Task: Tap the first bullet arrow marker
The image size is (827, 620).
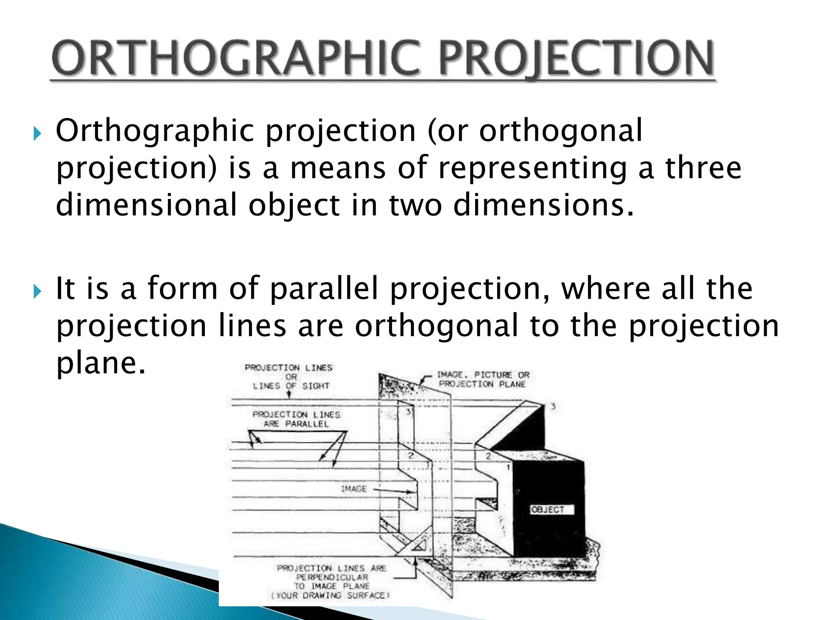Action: (37, 133)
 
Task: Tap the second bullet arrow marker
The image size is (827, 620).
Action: (37, 291)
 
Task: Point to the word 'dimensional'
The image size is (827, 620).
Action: (146, 205)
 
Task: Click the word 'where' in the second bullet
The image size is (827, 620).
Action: (606, 289)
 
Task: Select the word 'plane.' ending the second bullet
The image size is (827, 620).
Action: (101, 363)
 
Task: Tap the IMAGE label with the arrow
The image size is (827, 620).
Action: (354, 489)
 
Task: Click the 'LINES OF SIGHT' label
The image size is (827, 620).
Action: (291, 386)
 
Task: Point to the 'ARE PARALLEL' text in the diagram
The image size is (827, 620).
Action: (296, 424)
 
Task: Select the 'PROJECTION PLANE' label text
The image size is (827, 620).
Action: (482, 384)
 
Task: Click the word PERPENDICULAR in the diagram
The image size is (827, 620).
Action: (332, 577)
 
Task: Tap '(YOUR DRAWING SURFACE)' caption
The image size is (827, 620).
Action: (331, 596)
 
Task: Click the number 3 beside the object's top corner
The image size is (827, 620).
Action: (553, 406)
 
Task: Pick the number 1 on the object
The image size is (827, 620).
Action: (508, 467)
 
